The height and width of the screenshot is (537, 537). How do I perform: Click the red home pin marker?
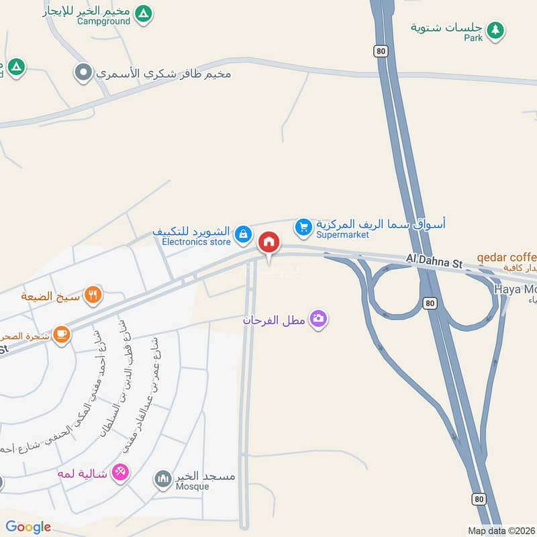pyautogui.click(x=269, y=242)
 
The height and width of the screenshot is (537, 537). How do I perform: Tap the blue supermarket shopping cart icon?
pyautogui.click(x=304, y=228)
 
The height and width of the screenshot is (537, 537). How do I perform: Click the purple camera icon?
pyautogui.click(x=320, y=319)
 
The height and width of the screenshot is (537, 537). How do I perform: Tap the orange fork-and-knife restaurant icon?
pyautogui.click(x=93, y=295)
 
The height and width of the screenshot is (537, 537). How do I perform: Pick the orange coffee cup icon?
pyautogui.click(x=61, y=334)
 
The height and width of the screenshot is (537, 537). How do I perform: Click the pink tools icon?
pyautogui.click(x=120, y=473)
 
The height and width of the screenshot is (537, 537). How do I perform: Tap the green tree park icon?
pyautogui.click(x=495, y=30)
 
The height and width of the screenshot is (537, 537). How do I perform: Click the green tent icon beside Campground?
pyautogui.click(x=142, y=13)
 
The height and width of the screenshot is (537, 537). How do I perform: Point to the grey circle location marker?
pyautogui.click(x=83, y=72)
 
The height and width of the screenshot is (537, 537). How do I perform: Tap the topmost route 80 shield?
pyautogui.click(x=381, y=50)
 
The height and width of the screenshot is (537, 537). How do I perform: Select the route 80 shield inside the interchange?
pyautogui.click(x=430, y=304)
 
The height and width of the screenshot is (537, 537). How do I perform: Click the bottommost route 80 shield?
pyautogui.click(x=478, y=498)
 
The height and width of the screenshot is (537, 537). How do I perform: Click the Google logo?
pyautogui.click(x=28, y=527)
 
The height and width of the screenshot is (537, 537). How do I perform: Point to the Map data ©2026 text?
pyautogui.click(x=501, y=530)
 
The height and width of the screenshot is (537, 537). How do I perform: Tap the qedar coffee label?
pyautogui.click(x=507, y=257)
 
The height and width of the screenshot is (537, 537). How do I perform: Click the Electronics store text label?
pyautogui.click(x=196, y=241)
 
